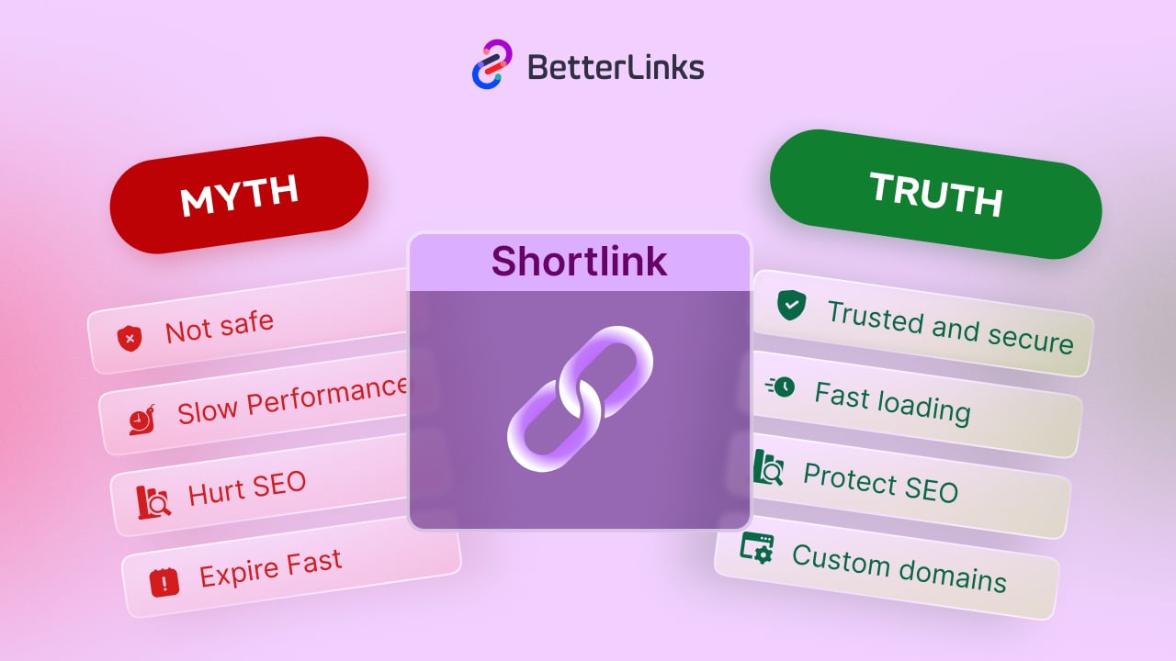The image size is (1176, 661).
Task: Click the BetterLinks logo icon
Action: [x=492, y=65]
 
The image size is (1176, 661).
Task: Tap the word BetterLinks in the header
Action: [x=616, y=67]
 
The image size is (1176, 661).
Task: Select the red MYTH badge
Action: [x=239, y=196]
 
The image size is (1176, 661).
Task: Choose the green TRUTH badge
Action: [x=935, y=194]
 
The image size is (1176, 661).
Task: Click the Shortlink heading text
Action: [x=579, y=262]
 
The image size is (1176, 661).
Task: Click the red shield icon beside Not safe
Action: [x=130, y=339]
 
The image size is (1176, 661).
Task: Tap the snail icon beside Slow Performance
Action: [x=142, y=420]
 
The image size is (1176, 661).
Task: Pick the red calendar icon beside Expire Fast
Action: [x=164, y=581]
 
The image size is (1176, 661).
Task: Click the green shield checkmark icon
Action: [x=790, y=305]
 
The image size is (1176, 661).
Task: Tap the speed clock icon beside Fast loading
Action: [x=781, y=387]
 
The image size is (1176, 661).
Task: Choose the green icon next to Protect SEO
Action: [x=768, y=467]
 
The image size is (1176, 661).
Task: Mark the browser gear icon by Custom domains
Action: [x=757, y=548]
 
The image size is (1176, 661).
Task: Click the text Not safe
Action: [x=220, y=326]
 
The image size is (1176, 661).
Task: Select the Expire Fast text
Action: [x=270, y=567]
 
